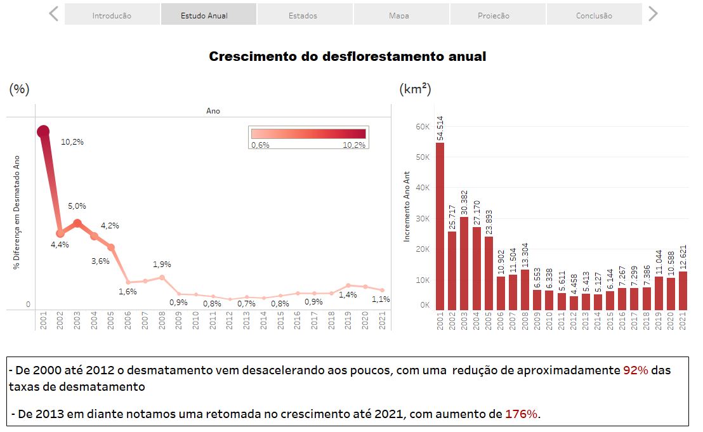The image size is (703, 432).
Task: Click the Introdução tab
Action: (112, 15)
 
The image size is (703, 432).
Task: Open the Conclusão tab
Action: (594, 15)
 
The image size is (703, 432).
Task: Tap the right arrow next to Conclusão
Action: (653, 14)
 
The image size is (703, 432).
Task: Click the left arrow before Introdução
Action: (54, 14)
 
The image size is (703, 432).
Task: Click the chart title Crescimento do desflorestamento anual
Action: (348, 56)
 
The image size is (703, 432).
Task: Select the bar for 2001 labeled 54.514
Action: (440, 226)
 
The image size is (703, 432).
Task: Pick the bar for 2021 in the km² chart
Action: (683, 291)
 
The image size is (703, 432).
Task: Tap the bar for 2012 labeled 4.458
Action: (574, 303)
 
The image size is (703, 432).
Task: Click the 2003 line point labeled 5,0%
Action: (77, 223)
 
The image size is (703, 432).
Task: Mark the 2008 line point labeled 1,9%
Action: (162, 277)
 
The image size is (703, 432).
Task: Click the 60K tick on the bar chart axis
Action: (423, 127)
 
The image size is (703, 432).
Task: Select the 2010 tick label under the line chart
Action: (195, 321)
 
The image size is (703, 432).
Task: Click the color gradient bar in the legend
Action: (308, 134)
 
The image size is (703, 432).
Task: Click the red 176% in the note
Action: (521, 414)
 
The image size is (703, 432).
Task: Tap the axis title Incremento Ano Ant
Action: (407, 207)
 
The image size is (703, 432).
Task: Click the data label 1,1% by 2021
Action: (381, 299)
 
